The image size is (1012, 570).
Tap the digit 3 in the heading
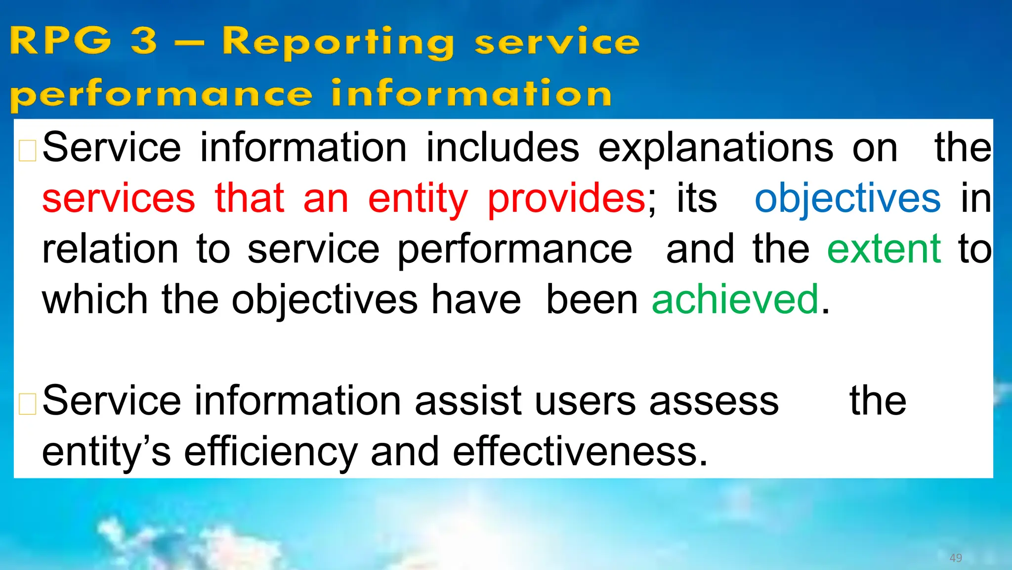coord(144,41)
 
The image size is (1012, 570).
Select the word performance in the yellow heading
coord(161,94)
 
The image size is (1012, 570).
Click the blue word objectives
coord(847,198)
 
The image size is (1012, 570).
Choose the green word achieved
coord(735,300)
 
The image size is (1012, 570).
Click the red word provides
coord(566,198)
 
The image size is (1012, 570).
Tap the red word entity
coord(418,198)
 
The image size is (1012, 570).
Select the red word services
coord(119,198)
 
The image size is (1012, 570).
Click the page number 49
coord(956,558)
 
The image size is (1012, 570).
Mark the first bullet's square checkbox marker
coord(27,151)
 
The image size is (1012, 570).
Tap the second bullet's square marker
coord(27,404)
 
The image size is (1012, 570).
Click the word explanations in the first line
coord(716,148)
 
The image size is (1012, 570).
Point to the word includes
coord(502,148)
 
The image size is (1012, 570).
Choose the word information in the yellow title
coord(471,94)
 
